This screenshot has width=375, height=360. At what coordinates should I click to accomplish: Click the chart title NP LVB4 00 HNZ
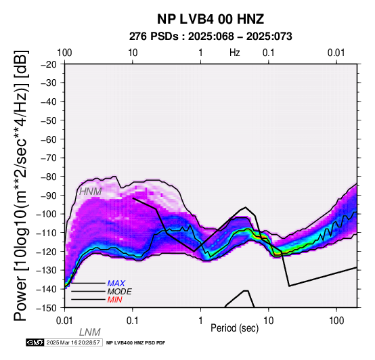point(211,19)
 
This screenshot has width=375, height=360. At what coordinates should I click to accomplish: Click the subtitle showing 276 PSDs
point(211,37)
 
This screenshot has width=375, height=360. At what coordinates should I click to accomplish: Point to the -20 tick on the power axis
point(49,64)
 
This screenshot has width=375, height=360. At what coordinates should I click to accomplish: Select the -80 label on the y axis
point(49,177)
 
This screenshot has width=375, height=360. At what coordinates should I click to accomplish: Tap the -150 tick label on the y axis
point(47,308)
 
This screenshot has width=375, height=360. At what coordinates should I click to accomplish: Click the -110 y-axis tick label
point(47,233)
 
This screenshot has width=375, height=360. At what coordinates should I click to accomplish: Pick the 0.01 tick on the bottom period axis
point(64,321)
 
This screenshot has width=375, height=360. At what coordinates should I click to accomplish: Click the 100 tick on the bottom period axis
point(336,321)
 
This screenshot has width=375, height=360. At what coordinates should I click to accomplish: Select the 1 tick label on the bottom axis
point(200,321)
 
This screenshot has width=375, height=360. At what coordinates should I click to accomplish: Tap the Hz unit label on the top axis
point(235,53)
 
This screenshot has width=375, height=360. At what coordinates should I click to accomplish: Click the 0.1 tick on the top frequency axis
point(269,53)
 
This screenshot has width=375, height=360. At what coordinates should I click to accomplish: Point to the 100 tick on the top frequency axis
point(64,53)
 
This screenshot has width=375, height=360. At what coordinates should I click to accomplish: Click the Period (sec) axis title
point(235,328)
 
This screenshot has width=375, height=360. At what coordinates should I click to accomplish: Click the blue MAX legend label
point(116,284)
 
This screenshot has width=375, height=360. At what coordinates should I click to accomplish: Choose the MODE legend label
point(119,292)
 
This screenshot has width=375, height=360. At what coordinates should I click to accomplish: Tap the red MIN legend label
point(114,300)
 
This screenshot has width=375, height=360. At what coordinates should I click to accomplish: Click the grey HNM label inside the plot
point(91,192)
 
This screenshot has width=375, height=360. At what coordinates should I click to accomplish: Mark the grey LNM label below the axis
point(89,332)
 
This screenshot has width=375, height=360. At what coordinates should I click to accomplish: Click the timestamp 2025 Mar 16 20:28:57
point(73,342)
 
